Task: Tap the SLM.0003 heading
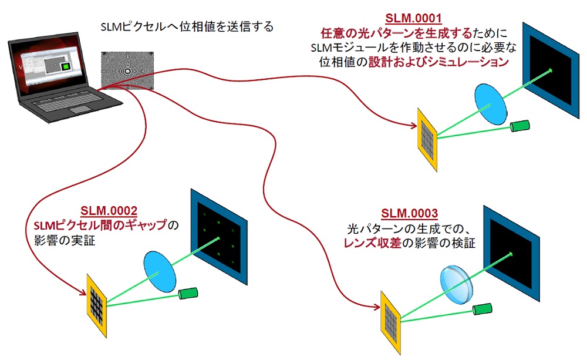(x=409, y=213)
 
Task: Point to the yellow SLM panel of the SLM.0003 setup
(x=391, y=319)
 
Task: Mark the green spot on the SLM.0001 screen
(x=551, y=71)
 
